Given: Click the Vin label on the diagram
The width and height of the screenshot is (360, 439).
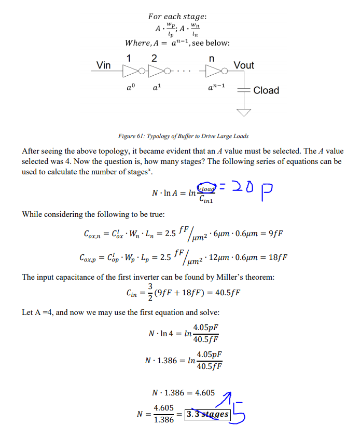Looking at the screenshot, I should pos(104,65).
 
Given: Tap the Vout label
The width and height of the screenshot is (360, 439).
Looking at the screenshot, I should pos(243,65).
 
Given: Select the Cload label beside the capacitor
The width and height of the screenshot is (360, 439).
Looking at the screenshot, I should pos(266,90).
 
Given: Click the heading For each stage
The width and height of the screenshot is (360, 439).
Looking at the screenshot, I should pos(177,17).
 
